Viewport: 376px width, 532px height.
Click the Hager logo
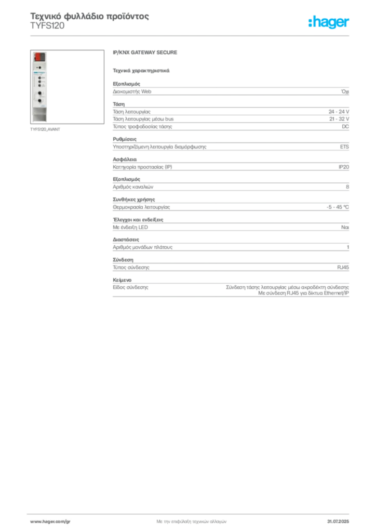coord(329,22)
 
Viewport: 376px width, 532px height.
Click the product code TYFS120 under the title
coord(47,26)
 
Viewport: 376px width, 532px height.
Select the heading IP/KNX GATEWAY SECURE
coord(145,52)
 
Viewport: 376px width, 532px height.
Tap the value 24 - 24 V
coord(339,112)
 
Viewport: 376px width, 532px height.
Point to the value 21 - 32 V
coord(339,119)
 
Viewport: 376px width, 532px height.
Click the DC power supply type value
coord(345,127)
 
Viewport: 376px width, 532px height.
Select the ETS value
coord(344,147)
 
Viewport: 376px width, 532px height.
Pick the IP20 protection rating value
coord(343,167)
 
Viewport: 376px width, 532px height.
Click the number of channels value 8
coord(347,187)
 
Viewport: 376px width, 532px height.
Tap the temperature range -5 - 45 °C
coord(338,207)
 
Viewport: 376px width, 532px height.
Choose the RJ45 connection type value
coord(343,268)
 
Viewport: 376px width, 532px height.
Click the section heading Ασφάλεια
coord(125,159)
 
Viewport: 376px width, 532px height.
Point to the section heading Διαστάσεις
coord(126,240)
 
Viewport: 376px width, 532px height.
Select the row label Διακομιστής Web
coord(132,91)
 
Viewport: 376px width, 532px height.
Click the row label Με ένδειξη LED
coord(130,228)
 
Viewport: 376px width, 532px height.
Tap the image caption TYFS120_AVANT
coord(45,129)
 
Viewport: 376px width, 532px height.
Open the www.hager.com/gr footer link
coord(50,522)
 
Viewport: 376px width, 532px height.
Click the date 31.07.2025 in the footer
coord(338,522)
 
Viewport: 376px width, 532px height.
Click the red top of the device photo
coord(39,57)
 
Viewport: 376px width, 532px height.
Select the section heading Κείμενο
coord(122,280)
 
